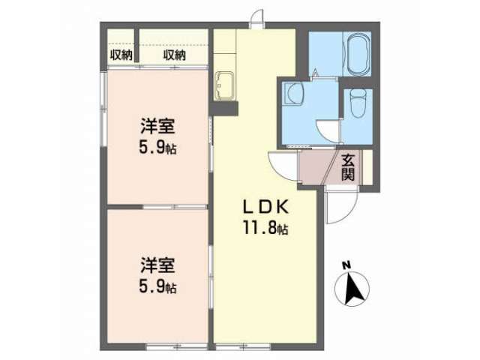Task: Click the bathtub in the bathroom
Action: (358, 54)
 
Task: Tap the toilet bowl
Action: (358, 103)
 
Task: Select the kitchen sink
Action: (226, 85)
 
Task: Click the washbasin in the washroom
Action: (294, 94)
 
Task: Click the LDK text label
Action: (265, 207)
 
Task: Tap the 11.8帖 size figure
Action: (265, 227)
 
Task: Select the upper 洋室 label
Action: (157, 126)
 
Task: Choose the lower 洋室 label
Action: (157, 265)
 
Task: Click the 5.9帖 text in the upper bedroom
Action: (157, 148)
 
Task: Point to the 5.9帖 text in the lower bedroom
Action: (157, 287)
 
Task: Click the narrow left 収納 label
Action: (121, 55)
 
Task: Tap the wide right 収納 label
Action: (174, 55)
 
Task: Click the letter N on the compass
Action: (346, 265)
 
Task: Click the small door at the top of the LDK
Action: (256, 19)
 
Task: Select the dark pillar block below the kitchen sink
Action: (225, 108)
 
